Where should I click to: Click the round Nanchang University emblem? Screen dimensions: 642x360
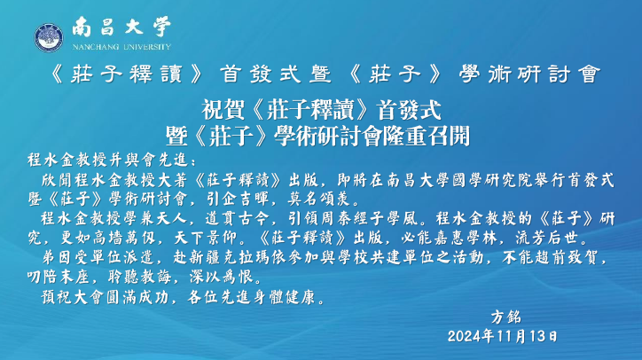point(49,37)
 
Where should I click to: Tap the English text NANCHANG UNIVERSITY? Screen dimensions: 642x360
point(121,47)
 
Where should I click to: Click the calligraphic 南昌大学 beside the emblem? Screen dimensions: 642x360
point(121,27)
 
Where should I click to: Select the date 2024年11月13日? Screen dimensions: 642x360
point(503,336)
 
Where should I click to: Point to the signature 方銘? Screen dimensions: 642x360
point(506,317)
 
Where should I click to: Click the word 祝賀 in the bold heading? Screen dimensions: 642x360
point(223,110)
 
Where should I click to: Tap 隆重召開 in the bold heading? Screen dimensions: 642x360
point(426,136)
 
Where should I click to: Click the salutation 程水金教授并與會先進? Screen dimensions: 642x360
point(107,160)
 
